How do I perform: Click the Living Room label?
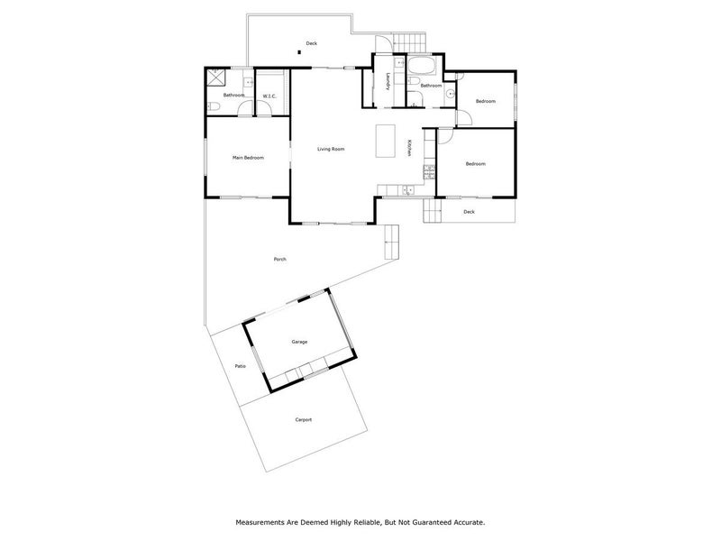tap(331, 149)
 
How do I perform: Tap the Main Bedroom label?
tap(249, 158)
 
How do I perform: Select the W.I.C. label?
tap(269, 96)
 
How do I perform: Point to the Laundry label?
tap(388, 82)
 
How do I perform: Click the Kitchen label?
tap(408, 148)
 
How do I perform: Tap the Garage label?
tap(299, 342)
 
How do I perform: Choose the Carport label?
tap(304, 419)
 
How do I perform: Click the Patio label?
tap(240, 366)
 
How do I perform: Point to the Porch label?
tap(280, 260)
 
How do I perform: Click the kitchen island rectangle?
tap(386, 141)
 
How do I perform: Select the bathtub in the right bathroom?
tap(421, 66)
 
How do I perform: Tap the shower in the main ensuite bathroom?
tap(216, 77)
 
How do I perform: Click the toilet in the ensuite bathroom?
tap(214, 106)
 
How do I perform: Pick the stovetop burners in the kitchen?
tap(430, 171)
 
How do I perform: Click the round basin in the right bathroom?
tap(450, 94)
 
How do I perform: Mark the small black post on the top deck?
tap(299, 52)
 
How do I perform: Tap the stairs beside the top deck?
tap(410, 42)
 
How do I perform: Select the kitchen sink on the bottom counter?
tap(407, 190)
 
